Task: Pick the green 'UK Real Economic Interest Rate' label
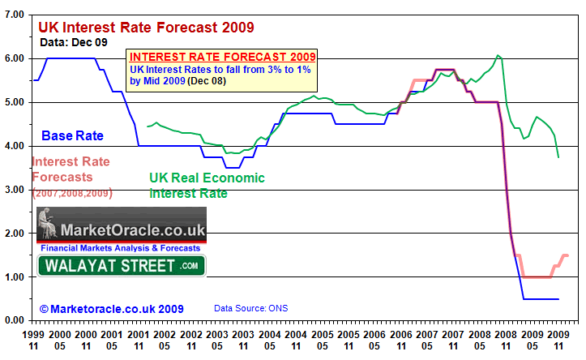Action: click(x=207, y=186)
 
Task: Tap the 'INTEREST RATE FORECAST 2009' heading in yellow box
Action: click(x=222, y=58)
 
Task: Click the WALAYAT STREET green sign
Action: click(x=122, y=265)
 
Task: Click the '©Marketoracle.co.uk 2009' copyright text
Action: click(x=111, y=309)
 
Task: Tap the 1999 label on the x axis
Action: click(x=33, y=333)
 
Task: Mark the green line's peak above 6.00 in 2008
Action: click(x=498, y=56)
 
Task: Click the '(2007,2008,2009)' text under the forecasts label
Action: click(x=71, y=193)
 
